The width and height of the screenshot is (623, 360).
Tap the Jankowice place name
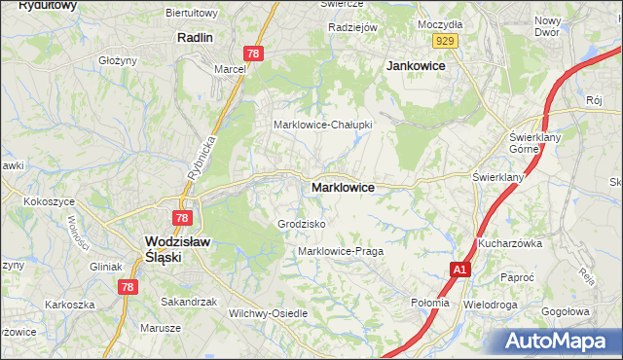tap(416, 65)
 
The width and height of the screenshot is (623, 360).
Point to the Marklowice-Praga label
tap(340, 251)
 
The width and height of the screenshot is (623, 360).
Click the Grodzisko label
tap(301, 224)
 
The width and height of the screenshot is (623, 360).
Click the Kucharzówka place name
tap(509, 243)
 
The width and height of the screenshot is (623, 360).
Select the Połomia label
tap(430, 303)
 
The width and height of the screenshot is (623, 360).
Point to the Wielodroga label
tap(492, 304)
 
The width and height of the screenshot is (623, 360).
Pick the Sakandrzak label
tap(188, 302)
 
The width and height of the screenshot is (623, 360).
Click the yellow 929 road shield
tap(446, 40)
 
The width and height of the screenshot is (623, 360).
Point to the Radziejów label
tap(352, 27)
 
